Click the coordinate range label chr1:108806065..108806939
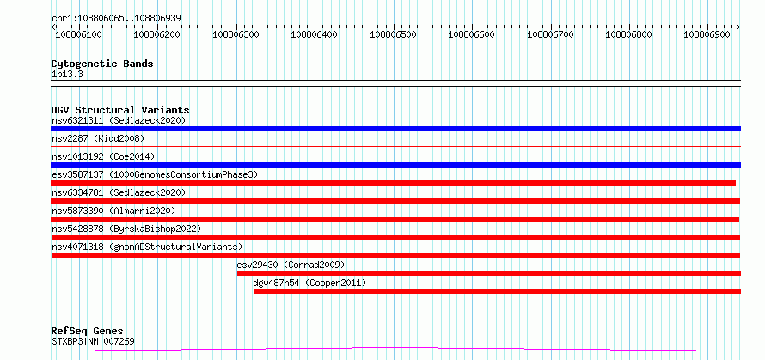117,18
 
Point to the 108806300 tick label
236,34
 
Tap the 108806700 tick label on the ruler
551,34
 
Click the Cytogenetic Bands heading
102,64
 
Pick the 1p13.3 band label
67,75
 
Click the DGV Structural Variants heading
120,110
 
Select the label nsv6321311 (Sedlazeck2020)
119,120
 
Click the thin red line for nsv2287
395,146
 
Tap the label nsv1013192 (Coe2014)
103,156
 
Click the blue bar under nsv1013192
395,165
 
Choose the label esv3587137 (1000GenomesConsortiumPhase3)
155,174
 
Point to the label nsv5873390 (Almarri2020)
113,211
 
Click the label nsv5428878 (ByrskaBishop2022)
125,229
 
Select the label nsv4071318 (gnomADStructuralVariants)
147,247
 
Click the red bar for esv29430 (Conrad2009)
489,273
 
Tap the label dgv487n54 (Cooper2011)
309,283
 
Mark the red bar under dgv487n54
497,291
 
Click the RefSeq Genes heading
87,332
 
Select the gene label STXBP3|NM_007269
93,341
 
